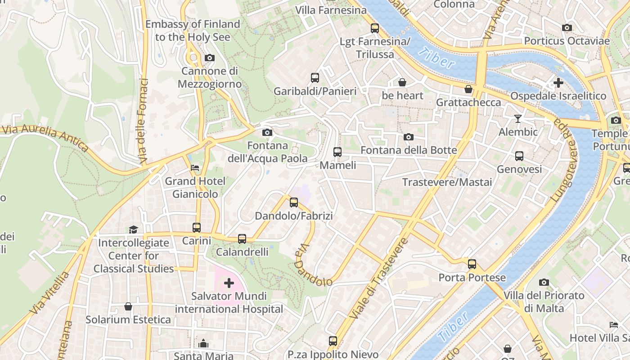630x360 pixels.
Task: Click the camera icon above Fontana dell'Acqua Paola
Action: click(x=267, y=132)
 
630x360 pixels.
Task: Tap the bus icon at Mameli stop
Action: click(x=337, y=152)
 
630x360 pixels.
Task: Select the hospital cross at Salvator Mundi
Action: click(x=229, y=283)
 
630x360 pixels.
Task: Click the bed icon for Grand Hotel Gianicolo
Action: click(x=195, y=168)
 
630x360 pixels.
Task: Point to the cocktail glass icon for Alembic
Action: click(x=518, y=119)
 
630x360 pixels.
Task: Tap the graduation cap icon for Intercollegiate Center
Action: click(x=133, y=230)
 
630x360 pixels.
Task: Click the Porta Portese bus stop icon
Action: click(x=472, y=264)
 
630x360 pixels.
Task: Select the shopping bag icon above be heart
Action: click(x=402, y=82)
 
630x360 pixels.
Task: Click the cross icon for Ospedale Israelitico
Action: click(x=558, y=83)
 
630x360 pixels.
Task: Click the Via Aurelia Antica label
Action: click(x=45, y=138)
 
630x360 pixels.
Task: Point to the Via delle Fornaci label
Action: click(x=144, y=121)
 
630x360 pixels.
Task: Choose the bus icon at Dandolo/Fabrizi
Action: click(x=294, y=202)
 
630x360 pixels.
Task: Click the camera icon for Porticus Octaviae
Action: click(x=567, y=28)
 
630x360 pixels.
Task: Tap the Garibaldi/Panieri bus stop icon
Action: click(x=315, y=78)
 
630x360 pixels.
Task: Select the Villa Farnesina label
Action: click(x=331, y=10)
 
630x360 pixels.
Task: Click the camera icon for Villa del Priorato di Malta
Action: click(x=544, y=283)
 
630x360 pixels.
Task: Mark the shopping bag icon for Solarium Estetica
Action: click(x=128, y=306)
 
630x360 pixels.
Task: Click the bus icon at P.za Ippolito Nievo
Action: click(x=333, y=341)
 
